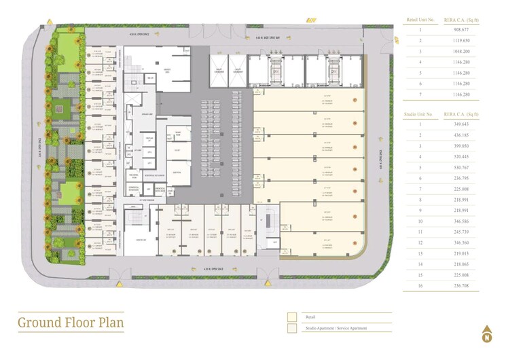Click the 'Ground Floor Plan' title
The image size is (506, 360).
(x=71, y=323)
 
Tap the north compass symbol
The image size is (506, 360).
(x=486, y=334)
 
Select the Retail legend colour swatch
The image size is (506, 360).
(x=292, y=317)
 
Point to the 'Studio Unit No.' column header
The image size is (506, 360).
(x=420, y=113)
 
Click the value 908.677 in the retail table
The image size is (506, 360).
(x=460, y=29)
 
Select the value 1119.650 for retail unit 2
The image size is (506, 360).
(x=460, y=40)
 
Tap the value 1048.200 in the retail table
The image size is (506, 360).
(x=460, y=51)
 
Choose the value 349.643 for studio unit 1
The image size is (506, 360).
(x=460, y=124)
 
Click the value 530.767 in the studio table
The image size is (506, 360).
(x=460, y=167)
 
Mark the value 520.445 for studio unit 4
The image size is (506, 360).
(x=460, y=156)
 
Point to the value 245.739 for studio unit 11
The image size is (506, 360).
(x=460, y=232)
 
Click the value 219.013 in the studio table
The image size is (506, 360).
(x=460, y=253)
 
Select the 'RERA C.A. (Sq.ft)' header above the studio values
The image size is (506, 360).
(x=461, y=113)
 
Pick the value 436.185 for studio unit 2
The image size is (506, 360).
(x=460, y=135)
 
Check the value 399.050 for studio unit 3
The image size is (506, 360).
(x=460, y=146)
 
